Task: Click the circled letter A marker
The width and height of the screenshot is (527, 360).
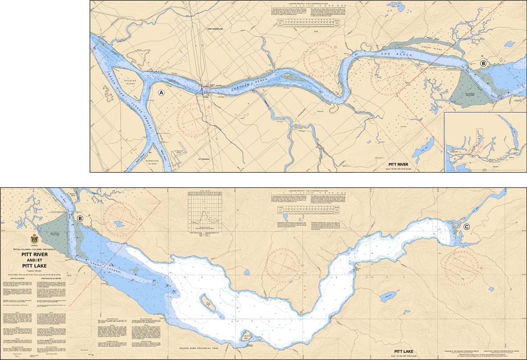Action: (162, 93)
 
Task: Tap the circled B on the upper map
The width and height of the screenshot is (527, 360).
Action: (483, 63)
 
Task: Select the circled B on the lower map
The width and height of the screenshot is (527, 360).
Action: (80, 219)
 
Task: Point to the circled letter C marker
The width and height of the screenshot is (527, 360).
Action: (467, 227)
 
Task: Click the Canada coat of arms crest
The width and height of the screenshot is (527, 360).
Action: (35, 239)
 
